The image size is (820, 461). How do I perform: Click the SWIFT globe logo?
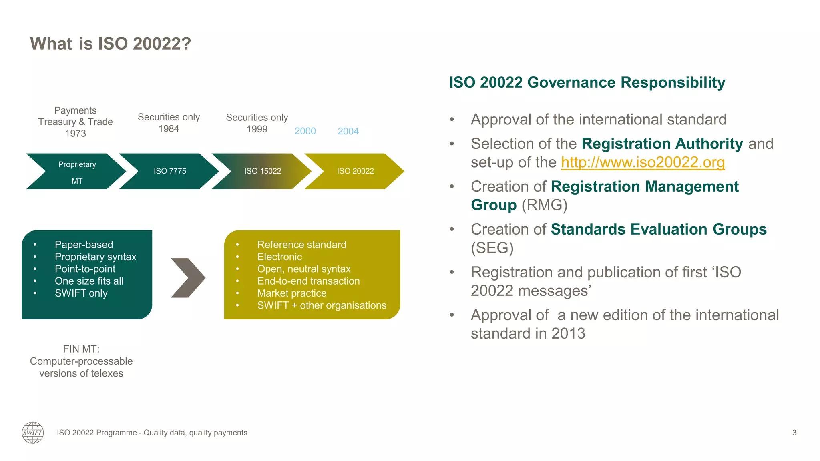(x=33, y=433)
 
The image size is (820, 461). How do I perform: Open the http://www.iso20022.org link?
(x=643, y=162)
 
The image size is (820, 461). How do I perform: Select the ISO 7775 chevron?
(x=170, y=171)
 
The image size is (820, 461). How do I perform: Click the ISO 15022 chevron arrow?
(x=263, y=171)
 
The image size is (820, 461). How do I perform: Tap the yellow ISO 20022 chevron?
(x=355, y=171)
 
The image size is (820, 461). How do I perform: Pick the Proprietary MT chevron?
(x=77, y=172)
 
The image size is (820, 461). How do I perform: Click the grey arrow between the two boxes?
(x=188, y=278)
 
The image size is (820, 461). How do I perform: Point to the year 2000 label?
(x=305, y=131)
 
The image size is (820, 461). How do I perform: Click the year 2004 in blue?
(x=348, y=131)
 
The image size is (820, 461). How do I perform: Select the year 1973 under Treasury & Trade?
(x=76, y=134)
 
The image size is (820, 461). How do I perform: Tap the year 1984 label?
(x=169, y=129)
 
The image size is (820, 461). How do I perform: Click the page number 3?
(x=794, y=433)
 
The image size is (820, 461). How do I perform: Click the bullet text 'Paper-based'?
(x=84, y=245)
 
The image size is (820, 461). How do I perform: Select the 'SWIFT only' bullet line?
(x=81, y=293)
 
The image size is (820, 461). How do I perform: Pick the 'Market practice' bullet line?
(x=292, y=293)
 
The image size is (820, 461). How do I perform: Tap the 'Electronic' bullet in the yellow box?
(x=279, y=257)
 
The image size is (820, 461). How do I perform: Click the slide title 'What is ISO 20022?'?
(x=111, y=44)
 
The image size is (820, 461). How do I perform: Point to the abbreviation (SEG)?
(x=492, y=248)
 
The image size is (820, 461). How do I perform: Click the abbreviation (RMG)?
(x=544, y=205)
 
